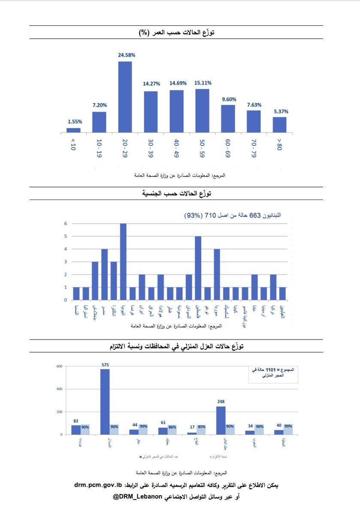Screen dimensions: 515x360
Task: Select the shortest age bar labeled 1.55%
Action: point(73,130)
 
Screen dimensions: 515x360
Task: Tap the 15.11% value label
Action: point(202,84)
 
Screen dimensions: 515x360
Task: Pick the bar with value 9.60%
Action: point(228,118)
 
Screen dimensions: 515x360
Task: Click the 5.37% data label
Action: point(279,112)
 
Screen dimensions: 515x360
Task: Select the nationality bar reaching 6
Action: point(123,262)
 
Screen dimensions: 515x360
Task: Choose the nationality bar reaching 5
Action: point(198,268)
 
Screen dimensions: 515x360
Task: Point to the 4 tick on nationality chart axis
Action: point(66,249)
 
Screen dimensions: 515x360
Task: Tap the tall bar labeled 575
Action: point(105,402)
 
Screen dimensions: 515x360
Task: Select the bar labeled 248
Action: point(221,420)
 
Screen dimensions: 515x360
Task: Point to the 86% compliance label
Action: point(172,427)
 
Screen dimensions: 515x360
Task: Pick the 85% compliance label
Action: point(201,427)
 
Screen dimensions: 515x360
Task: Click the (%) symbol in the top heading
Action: point(144,32)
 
